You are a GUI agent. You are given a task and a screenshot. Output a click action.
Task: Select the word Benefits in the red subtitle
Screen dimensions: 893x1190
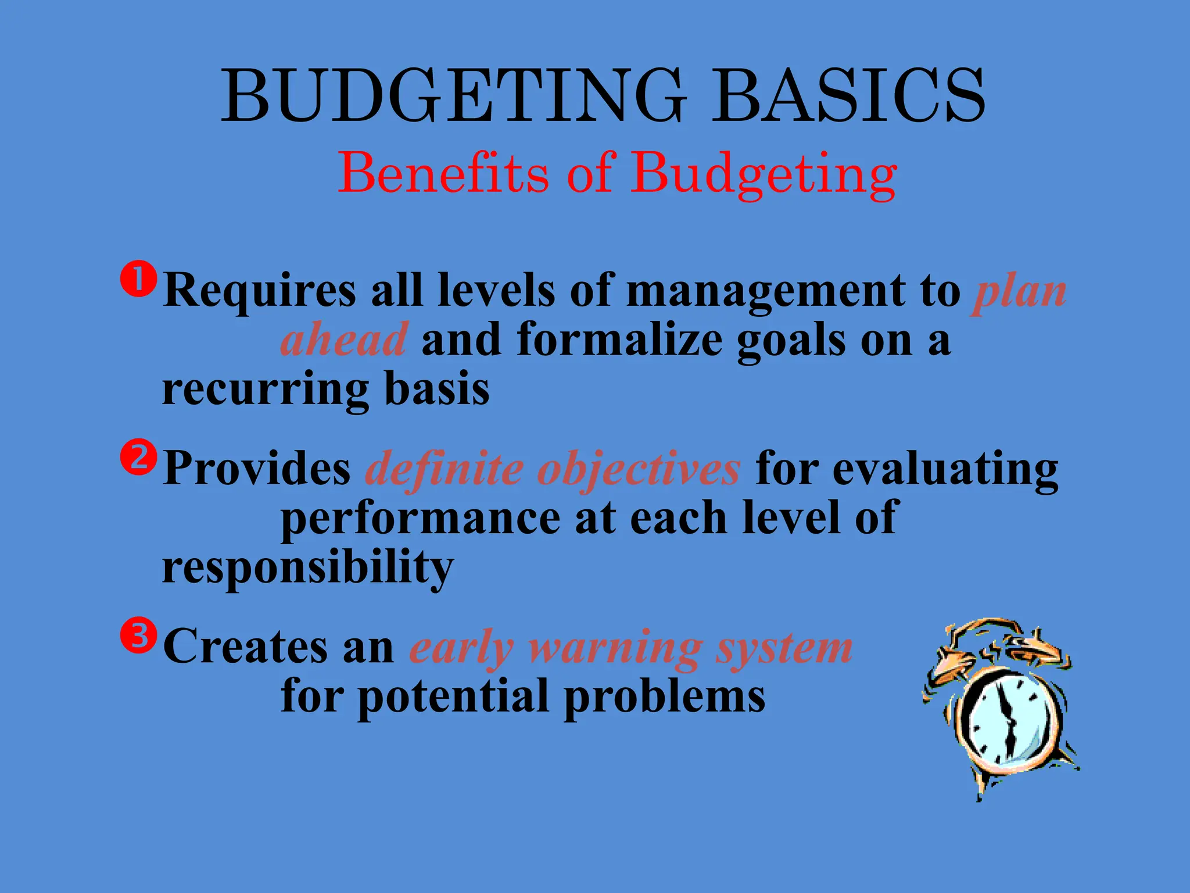pyautogui.click(x=443, y=173)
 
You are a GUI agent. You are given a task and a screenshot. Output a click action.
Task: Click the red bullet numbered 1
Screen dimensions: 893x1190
pyautogui.click(x=138, y=280)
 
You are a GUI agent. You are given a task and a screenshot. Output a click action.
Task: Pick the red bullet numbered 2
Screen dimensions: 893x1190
pyautogui.click(x=138, y=458)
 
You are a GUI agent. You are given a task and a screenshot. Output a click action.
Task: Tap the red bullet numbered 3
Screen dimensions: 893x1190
pyautogui.click(x=138, y=635)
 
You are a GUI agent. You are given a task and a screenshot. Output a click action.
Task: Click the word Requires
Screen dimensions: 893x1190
pyautogui.click(x=259, y=291)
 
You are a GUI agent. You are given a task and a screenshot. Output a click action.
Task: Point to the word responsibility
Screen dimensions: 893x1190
pyautogui.click(x=307, y=568)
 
